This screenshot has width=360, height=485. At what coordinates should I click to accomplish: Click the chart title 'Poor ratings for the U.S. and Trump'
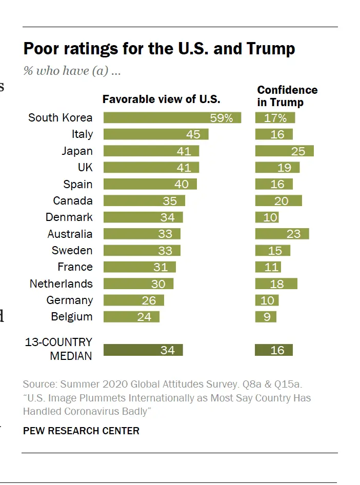159,49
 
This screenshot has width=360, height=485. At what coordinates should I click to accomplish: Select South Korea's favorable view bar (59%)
172,118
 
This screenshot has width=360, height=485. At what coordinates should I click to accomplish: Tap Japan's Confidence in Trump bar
284,151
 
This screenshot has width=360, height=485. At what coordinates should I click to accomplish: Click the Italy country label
82,134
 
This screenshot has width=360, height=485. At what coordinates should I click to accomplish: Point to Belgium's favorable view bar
131,317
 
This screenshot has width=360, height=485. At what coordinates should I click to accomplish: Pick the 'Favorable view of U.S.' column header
161,99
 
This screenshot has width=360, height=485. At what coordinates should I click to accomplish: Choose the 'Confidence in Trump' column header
287,96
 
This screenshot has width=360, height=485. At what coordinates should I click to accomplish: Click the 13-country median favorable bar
143,350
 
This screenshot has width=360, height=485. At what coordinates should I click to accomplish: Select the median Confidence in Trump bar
274,350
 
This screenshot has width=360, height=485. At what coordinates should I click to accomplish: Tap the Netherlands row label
61,284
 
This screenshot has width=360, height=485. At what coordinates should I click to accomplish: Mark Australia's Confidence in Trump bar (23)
282,234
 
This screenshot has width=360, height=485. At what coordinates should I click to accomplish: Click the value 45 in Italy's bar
193,134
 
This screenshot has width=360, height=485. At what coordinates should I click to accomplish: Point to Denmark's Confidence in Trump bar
267,217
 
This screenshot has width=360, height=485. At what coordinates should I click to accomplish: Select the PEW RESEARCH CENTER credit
81,431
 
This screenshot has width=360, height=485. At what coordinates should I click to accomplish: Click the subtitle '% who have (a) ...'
72,71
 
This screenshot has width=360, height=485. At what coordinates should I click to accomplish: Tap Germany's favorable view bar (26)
134,300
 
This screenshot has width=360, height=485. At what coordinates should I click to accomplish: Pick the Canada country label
73,201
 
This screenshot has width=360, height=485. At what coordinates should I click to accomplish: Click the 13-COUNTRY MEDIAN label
58,349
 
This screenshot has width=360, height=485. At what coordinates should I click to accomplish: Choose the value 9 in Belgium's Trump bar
267,317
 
